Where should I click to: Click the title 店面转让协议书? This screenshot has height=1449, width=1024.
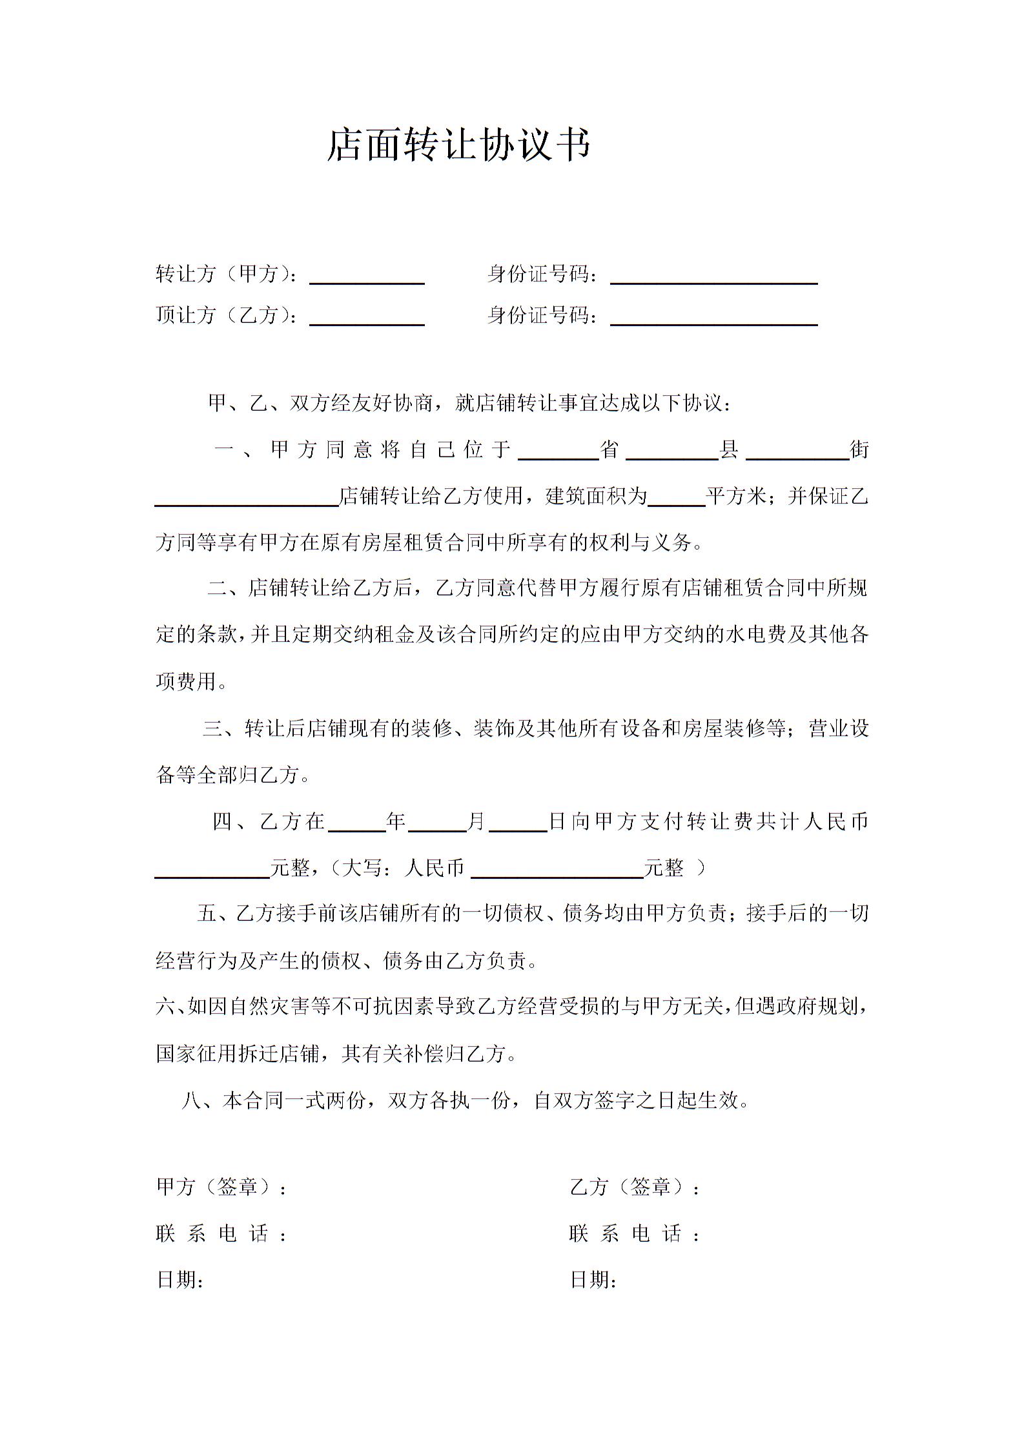click(459, 145)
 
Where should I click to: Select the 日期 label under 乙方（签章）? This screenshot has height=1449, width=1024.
click(593, 1280)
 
